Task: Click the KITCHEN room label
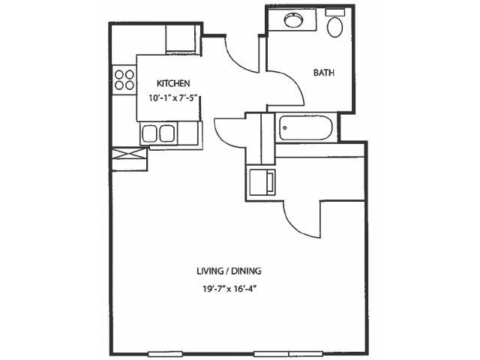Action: coord(173,83)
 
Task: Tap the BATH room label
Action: coord(324,73)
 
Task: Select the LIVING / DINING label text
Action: coord(229,271)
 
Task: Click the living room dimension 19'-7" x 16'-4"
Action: coord(229,289)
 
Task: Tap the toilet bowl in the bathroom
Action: coord(335,27)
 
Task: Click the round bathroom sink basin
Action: coord(293,20)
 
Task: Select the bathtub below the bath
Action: coord(305,127)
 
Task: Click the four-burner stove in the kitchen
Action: coord(124,80)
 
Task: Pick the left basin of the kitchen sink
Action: coord(150,133)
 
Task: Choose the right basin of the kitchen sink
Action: coord(167,133)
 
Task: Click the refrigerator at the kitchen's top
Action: coord(181,39)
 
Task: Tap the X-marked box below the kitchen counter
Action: coord(130,154)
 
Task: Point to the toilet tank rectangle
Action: coord(334,12)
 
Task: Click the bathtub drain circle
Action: coord(285,128)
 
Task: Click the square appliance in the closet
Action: coord(262,182)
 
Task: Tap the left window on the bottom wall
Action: coord(165,354)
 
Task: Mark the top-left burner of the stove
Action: coord(119,74)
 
